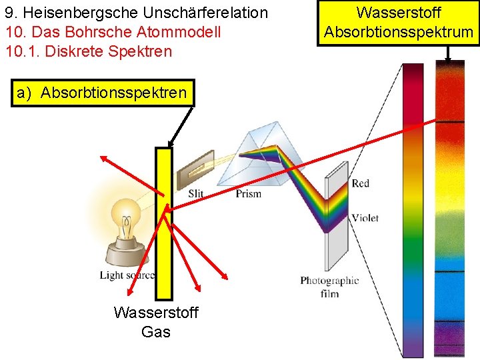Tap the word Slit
[195, 193]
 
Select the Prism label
[248, 193]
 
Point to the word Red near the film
[360, 183]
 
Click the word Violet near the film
[365, 217]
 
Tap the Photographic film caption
[329, 287]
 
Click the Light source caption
[127, 275]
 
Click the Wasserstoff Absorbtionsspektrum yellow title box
[399, 23]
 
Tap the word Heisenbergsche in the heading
[74, 13]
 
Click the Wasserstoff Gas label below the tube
[156, 322]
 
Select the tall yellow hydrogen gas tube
[163, 223]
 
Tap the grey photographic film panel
[337, 220]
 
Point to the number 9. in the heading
[11, 13]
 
